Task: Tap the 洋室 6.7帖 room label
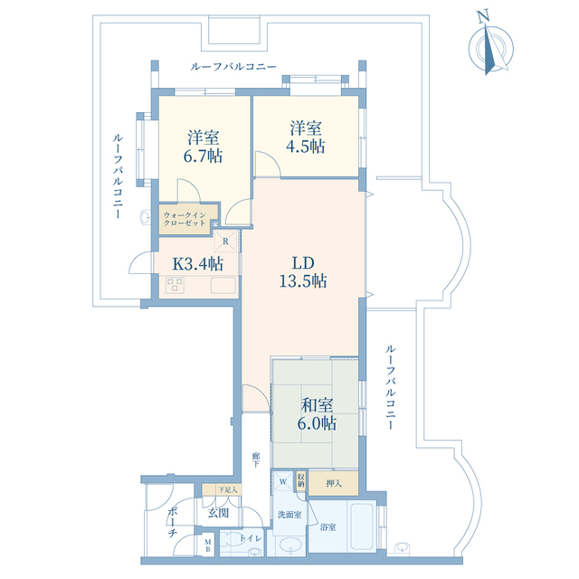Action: [204, 146]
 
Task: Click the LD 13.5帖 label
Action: [302, 271]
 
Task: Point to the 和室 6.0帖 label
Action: [318, 413]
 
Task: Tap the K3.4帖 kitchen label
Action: [195, 263]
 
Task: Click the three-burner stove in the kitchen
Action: [176, 286]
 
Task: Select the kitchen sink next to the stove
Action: [223, 287]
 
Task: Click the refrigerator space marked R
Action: [225, 242]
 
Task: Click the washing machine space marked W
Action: [282, 481]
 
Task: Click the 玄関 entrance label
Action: [218, 513]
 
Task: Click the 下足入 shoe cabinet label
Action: [226, 490]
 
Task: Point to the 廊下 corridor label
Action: [257, 460]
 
